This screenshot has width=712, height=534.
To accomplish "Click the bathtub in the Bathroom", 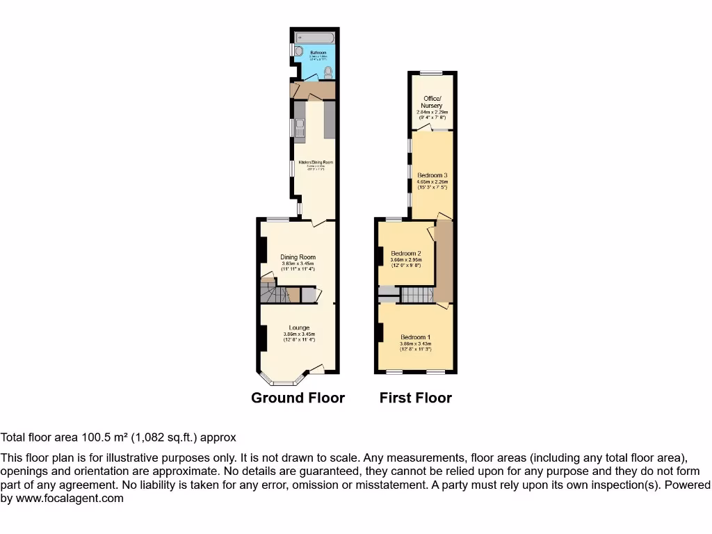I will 315,35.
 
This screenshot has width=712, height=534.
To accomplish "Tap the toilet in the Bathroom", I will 328,72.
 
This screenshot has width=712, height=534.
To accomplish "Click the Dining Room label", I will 298,257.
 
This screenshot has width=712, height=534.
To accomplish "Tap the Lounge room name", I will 300,327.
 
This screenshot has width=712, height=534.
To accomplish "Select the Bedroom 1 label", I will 415,338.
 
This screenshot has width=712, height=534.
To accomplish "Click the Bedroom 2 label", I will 406,253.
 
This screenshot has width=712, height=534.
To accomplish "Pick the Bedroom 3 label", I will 432,175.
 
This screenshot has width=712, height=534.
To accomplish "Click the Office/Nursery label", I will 432,102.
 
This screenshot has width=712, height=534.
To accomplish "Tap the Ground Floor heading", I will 298,398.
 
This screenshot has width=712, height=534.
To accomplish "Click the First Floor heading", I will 416,398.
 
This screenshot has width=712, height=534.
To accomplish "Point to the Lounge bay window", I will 282,382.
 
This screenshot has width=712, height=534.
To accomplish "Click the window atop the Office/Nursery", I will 432,72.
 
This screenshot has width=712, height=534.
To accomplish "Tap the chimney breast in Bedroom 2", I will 379,256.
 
